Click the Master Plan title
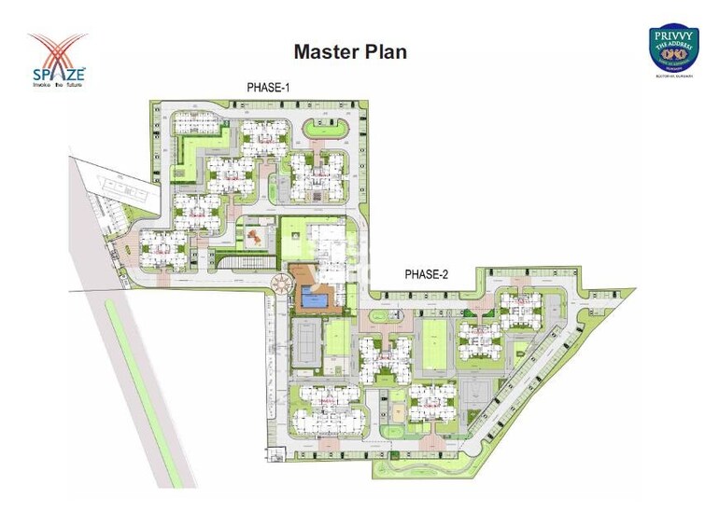[x=350, y=51]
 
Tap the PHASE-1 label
[x=269, y=88]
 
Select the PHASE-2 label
[x=427, y=274]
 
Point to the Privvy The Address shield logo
[x=674, y=48]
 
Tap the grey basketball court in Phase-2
[x=475, y=393]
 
